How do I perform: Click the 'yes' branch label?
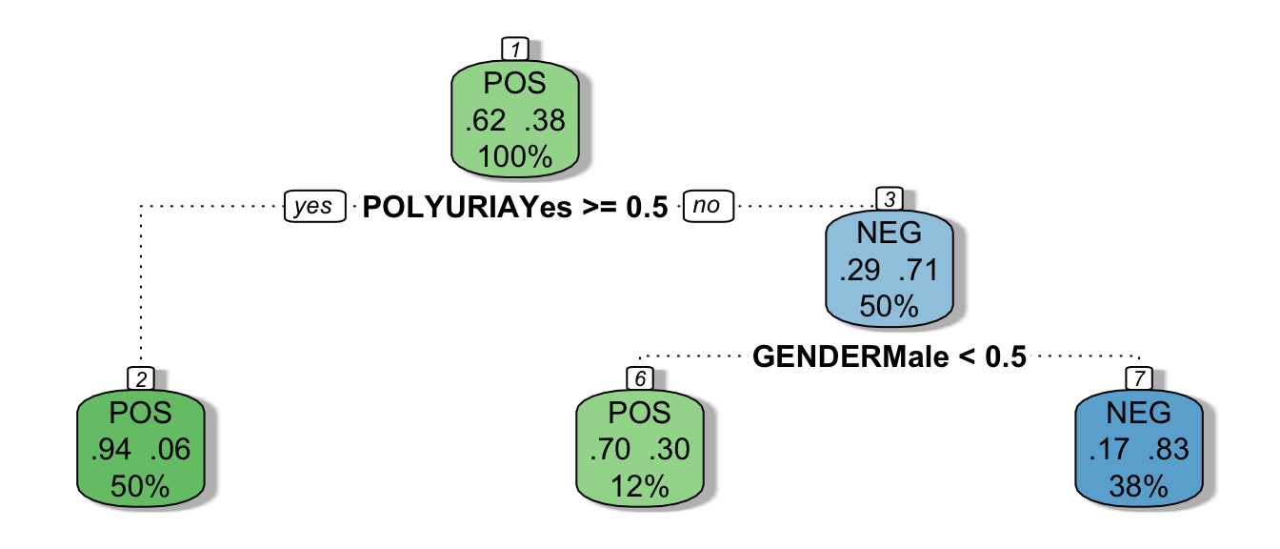tap(313, 207)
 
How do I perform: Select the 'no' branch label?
tap(707, 207)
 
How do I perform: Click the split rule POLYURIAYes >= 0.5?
tap(515, 207)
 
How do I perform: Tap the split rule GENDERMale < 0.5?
tap(890, 357)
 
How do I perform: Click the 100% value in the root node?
tap(515, 156)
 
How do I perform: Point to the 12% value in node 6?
tap(640, 486)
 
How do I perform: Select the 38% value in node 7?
tap(1139, 486)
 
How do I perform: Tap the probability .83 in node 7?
tap(1169, 450)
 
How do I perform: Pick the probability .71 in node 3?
tap(919, 270)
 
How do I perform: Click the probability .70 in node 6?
tap(610, 450)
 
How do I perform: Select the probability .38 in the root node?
tap(545, 121)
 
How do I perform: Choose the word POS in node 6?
tap(640, 414)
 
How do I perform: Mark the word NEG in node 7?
tap(1139, 414)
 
